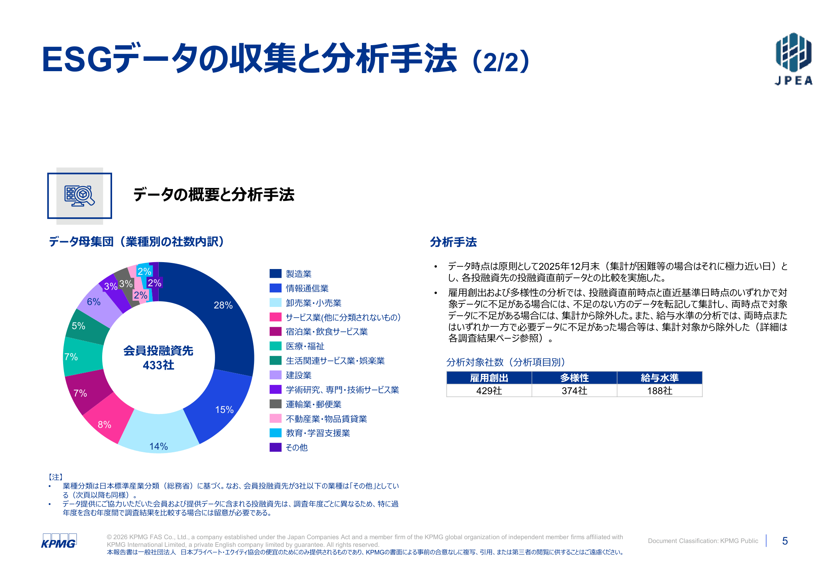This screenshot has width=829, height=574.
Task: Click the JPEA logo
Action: [x=793, y=59]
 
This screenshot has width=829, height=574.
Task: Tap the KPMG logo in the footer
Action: [x=59, y=541]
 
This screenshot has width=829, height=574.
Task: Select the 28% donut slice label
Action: [x=223, y=305]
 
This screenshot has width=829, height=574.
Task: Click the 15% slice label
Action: [x=224, y=409]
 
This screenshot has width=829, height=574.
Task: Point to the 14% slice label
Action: [x=158, y=446]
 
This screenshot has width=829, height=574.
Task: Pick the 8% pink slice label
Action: [x=104, y=424]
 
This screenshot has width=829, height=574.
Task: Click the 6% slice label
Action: [x=94, y=302]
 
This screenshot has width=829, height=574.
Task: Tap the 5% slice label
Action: [x=78, y=326]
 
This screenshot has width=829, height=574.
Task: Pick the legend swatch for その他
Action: [x=275, y=447]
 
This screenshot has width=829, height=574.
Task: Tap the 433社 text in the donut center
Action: [x=158, y=365]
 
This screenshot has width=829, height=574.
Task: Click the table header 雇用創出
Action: [x=489, y=378]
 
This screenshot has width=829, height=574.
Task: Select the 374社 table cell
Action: [x=574, y=391]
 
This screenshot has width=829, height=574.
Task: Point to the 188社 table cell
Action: [x=660, y=391]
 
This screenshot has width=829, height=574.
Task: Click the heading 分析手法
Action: [x=453, y=242]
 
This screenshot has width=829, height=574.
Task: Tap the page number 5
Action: [x=785, y=541]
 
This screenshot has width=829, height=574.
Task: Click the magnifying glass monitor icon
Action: [x=80, y=196]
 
